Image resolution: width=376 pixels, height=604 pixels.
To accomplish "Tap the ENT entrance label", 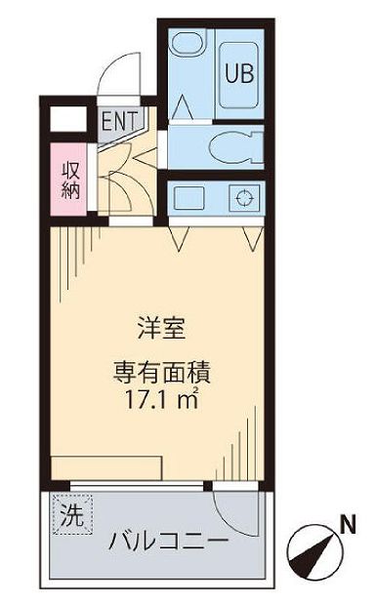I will pos(119,122).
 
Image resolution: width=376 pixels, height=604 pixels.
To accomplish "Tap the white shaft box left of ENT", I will pos(65,120).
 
